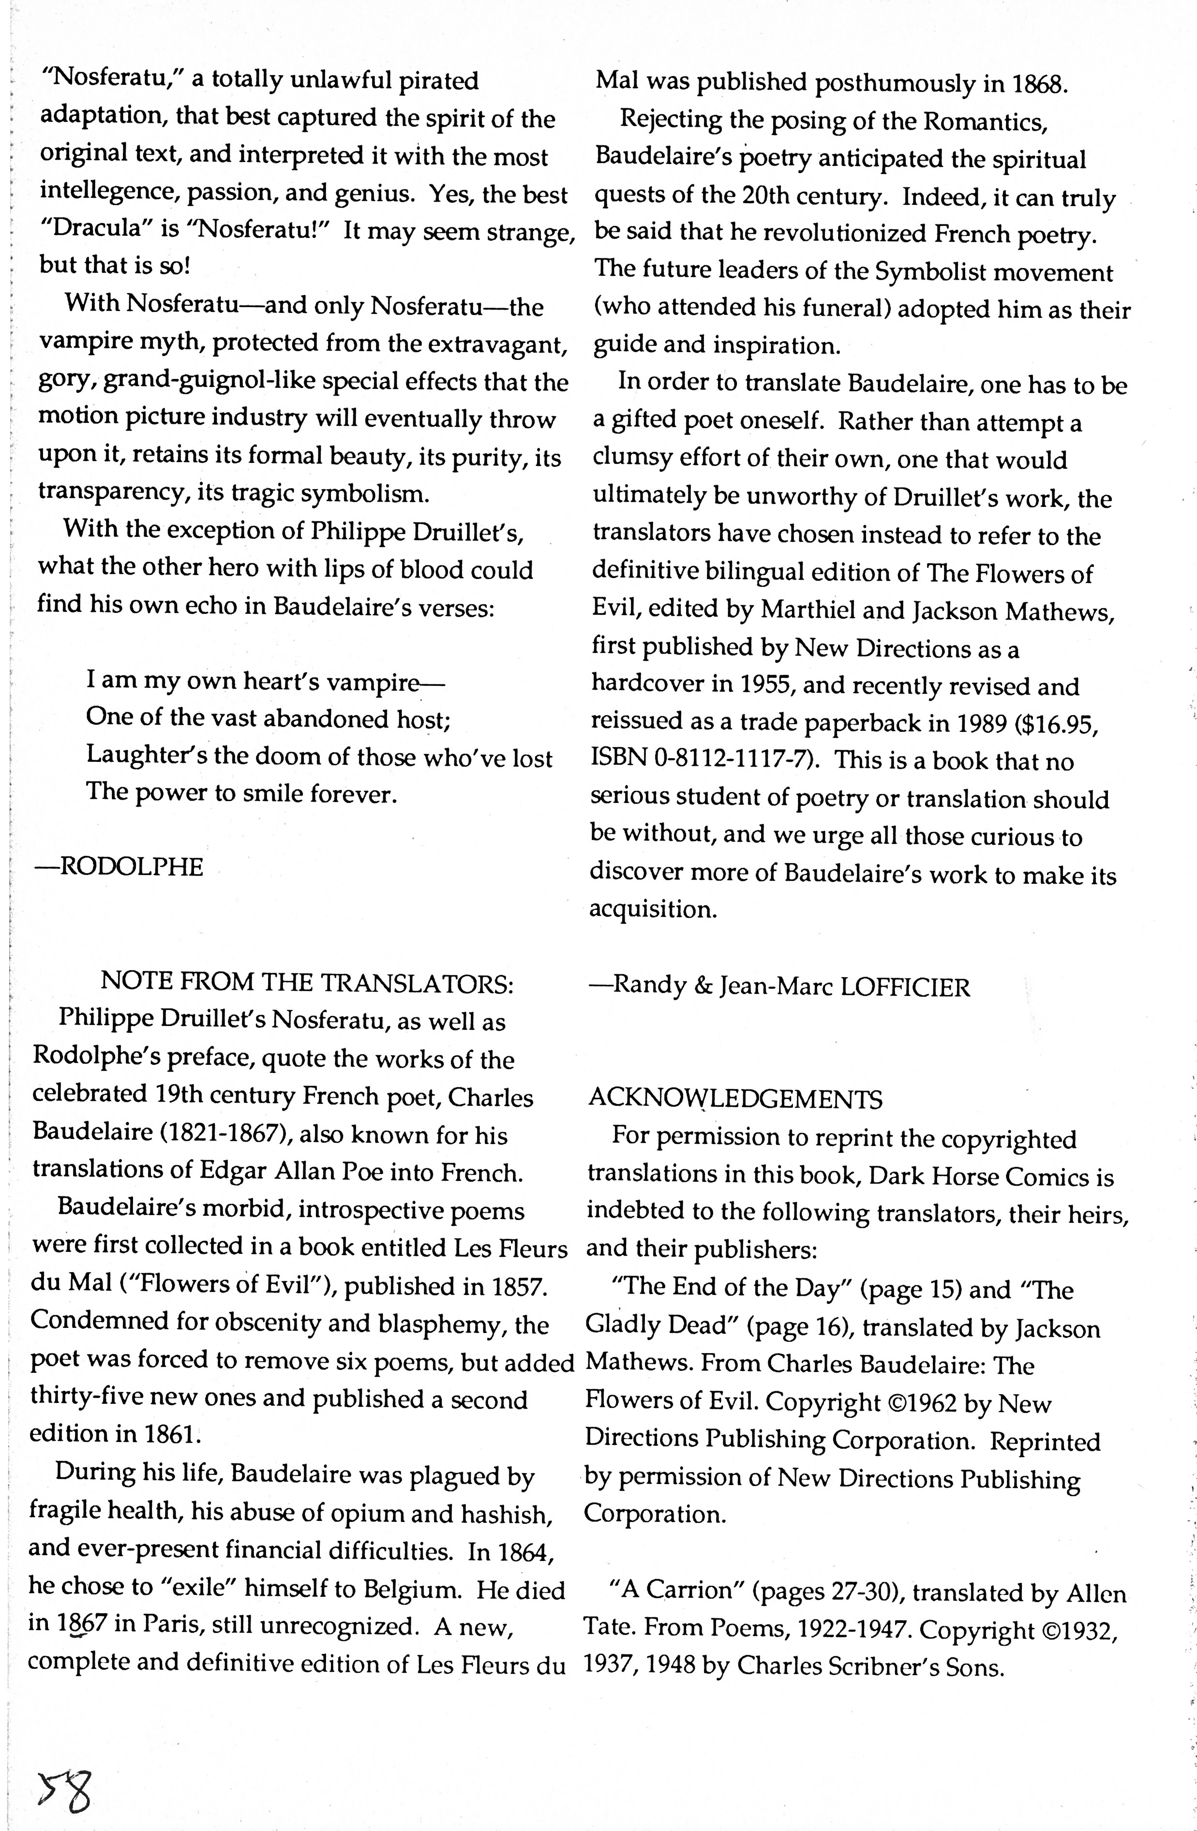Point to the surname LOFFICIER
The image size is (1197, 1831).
[905, 987]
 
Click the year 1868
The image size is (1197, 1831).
[1038, 84]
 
